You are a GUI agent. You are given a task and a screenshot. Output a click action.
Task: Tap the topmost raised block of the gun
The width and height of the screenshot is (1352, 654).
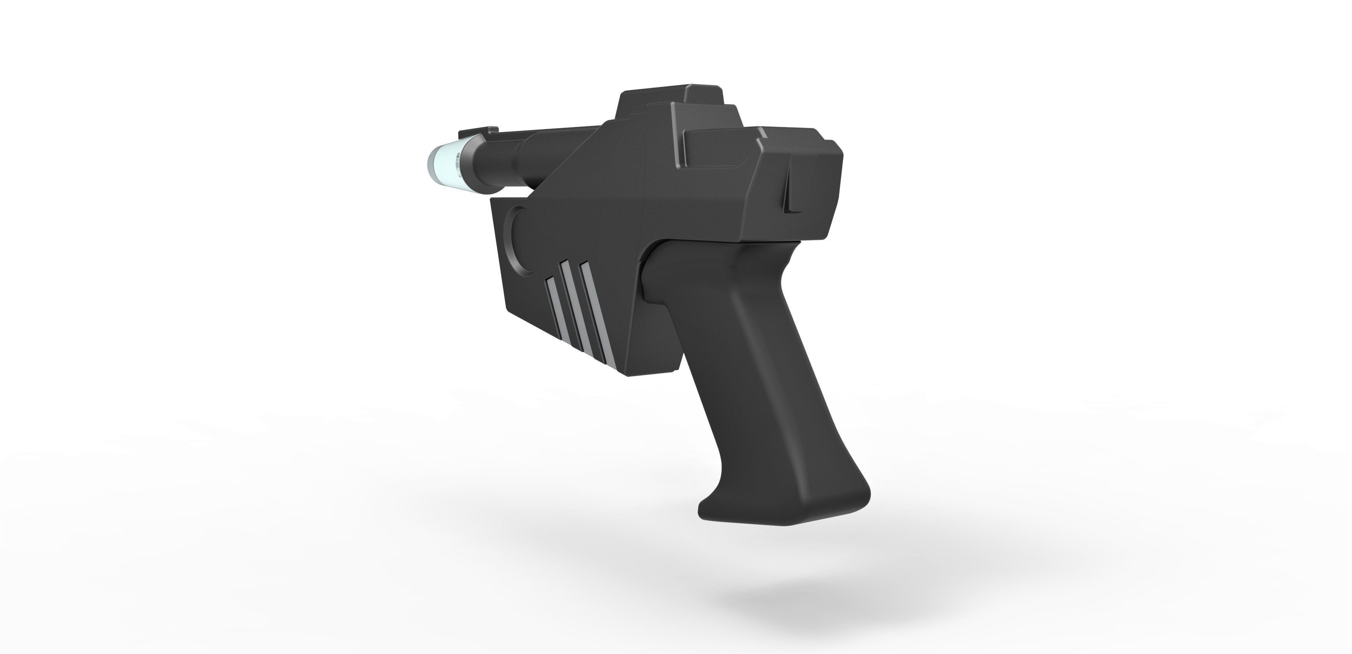[x=669, y=97]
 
